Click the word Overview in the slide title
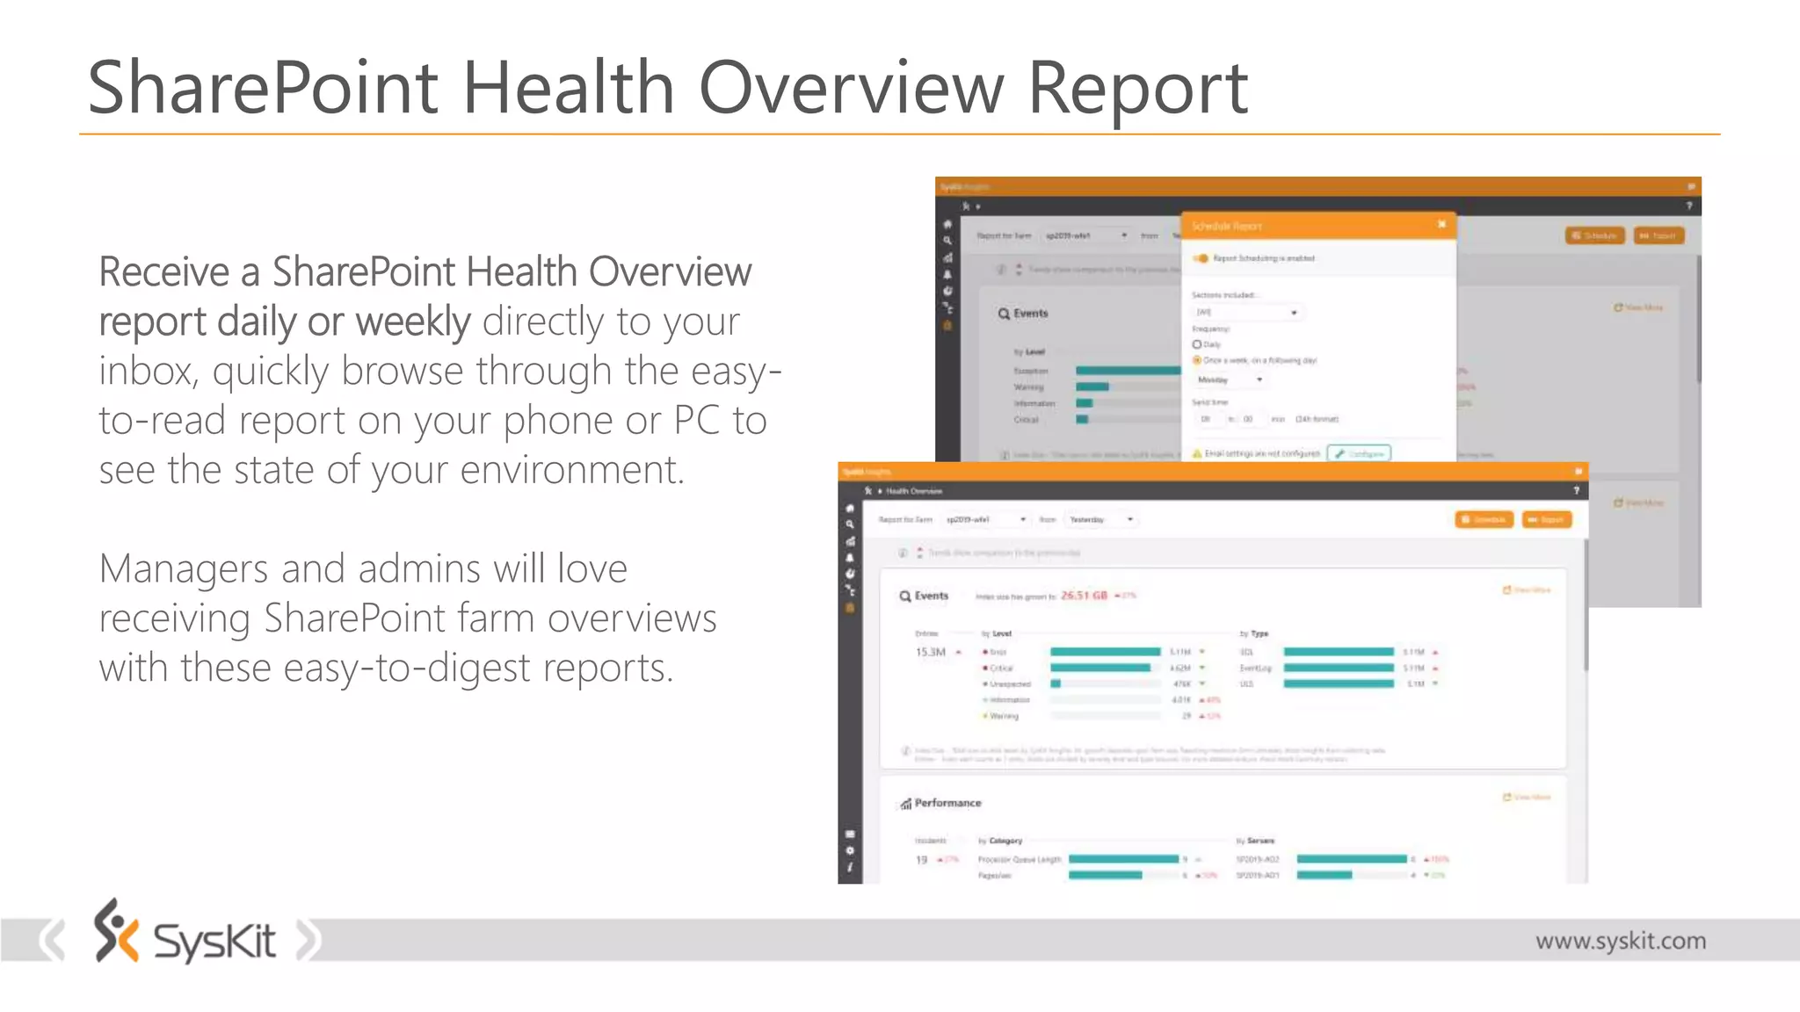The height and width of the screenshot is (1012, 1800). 851,88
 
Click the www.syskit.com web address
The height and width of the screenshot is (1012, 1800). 1620,941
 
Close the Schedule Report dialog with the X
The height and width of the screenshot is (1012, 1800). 1441,225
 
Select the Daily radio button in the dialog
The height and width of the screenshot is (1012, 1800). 1197,344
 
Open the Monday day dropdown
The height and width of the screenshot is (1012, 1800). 1230,379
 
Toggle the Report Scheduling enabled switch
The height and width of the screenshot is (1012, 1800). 1201,258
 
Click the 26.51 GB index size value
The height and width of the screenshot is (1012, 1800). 1084,596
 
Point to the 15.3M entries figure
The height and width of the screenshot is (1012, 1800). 931,652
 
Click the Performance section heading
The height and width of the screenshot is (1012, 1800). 947,803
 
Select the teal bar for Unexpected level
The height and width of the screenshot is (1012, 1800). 1056,683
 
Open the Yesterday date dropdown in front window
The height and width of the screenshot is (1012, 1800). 1100,520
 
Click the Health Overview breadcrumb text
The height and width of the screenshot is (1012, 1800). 914,491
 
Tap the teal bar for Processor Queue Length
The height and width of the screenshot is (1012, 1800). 1122,859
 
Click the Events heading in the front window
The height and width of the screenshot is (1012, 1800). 931,596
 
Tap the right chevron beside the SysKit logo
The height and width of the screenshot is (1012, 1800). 308,940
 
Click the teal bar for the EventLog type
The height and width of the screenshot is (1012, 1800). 1338,668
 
